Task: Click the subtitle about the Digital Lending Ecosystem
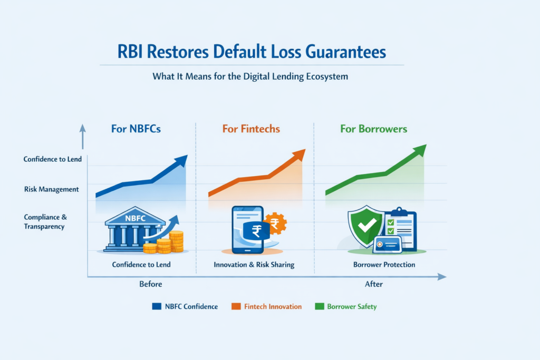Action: coord(250,76)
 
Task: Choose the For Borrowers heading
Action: coord(373,129)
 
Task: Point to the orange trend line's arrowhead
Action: coord(299,154)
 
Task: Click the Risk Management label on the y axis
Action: coord(51,189)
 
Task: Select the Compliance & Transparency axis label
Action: coord(44,221)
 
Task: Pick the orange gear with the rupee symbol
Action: coord(275,223)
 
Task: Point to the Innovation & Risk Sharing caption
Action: coord(255,265)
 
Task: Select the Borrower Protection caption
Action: coord(384,265)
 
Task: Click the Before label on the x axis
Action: coord(150,284)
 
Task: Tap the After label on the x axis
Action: coord(373,284)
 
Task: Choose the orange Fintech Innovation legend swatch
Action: coord(236,306)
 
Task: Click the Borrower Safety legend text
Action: coord(352,306)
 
